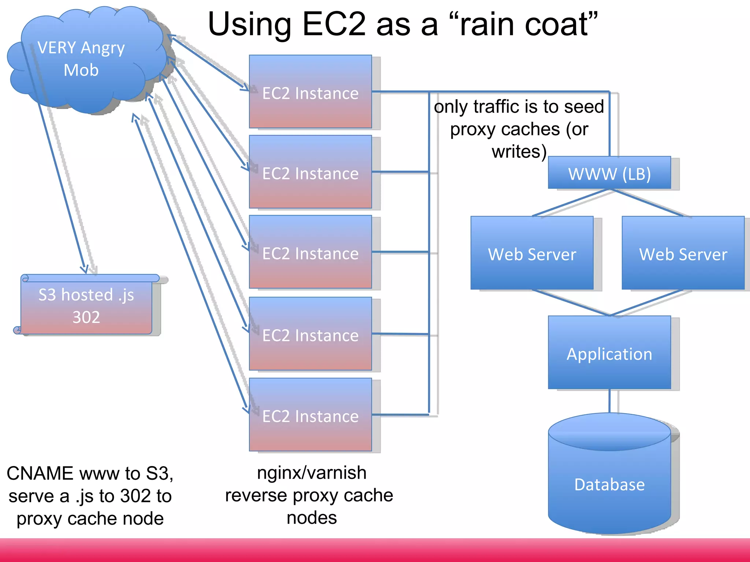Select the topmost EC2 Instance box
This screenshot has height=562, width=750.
[x=310, y=91]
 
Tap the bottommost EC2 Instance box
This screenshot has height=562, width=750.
[x=310, y=415]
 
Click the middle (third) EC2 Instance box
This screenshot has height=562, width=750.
[x=310, y=252]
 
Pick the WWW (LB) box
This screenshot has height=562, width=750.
[x=609, y=173]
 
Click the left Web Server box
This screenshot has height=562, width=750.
[x=532, y=253]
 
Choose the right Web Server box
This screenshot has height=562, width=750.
[x=683, y=253]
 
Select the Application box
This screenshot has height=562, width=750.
[x=609, y=353]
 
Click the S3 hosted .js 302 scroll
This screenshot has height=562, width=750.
[x=86, y=306]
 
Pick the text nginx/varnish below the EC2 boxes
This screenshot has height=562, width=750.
[x=312, y=473]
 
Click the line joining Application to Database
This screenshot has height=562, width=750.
[x=609, y=401]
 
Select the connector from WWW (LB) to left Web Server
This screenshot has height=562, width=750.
[x=571, y=202]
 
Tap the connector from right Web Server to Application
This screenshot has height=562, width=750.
[x=647, y=302]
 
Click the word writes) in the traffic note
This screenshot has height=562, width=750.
[x=519, y=151]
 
